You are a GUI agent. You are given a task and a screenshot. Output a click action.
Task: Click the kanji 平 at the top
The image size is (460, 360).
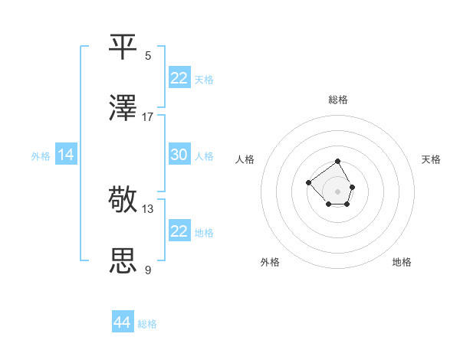[x=123, y=47]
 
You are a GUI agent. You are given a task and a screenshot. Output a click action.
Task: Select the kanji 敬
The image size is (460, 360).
[x=123, y=200]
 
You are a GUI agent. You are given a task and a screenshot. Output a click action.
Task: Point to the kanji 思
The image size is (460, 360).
[x=123, y=261]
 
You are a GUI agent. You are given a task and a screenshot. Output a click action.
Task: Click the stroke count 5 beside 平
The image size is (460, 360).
[x=148, y=55]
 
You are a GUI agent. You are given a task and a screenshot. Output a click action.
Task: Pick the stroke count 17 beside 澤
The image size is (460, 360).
[x=148, y=116]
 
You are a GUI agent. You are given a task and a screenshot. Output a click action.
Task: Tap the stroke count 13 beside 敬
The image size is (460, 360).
[x=148, y=208]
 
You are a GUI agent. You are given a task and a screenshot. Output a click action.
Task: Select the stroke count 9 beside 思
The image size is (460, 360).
[x=148, y=270]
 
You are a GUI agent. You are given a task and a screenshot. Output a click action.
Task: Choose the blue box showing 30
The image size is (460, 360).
[x=179, y=155]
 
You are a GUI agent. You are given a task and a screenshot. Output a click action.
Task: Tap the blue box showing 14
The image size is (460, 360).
[x=66, y=155]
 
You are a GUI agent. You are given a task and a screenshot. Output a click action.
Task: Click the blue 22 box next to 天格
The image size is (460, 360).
[x=179, y=78]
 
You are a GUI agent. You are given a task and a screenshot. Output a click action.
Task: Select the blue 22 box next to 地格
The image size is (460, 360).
[x=179, y=231]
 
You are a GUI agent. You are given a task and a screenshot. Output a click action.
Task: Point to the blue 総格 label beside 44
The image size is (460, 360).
[x=147, y=324]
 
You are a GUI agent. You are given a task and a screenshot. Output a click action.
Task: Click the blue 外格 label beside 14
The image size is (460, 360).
[x=41, y=156]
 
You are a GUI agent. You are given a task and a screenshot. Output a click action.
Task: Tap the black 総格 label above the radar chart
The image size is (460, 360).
[x=338, y=100]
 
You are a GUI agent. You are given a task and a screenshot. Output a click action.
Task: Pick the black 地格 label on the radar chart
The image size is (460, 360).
[x=402, y=262]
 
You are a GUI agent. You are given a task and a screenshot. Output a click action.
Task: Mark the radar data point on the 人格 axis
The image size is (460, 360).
[x=308, y=182]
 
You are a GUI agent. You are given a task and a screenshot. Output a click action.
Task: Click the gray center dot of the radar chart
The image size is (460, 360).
[x=338, y=191]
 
